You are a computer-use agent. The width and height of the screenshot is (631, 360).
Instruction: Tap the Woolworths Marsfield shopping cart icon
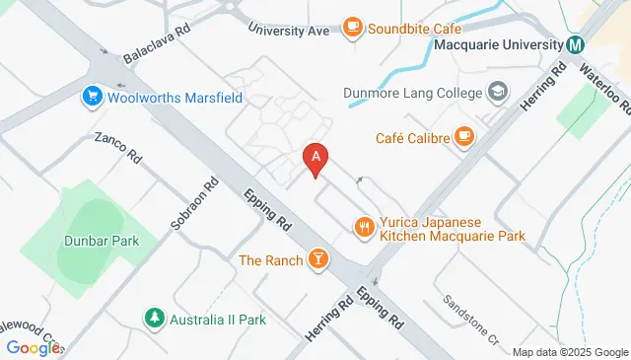click(93, 97)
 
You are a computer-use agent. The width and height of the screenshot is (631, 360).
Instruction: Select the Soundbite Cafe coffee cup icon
click(352, 28)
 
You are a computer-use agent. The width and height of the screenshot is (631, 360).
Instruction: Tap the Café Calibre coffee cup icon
click(464, 137)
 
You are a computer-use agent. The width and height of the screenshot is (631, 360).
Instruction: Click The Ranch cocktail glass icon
click(317, 259)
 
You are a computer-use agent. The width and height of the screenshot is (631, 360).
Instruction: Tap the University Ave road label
click(289, 31)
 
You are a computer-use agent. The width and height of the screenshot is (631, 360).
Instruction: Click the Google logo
click(32, 347)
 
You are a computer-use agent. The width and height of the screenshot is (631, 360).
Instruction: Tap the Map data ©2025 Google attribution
click(570, 352)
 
